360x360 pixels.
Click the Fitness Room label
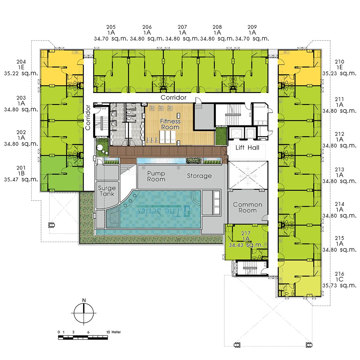pyautogui.click(x=170, y=124)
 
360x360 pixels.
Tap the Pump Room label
pyautogui.click(x=156, y=176)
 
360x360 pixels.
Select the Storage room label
pyautogui.click(x=199, y=176)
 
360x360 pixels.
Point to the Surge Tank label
pyautogui.click(x=107, y=191)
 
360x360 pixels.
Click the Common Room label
pyautogui.click(x=247, y=207)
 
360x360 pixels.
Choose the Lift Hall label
pyautogui.click(x=247, y=148)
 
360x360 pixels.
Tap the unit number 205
pyautogui.click(x=111, y=27)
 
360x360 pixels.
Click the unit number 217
pyautogui.click(x=246, y=233)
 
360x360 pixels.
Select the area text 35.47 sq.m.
pyautogui.click(x=21, y=179)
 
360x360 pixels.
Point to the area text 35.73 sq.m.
pyautogui.click(x=339, y=286)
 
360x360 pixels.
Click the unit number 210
pyautogui.click(x=339, y=62)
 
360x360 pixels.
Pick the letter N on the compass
pyautogui.click(x=84, y=300)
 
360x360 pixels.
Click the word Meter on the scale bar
pyautogui.click(x=116, y=332)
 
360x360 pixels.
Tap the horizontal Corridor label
pyautogui.click(x=173, y=97)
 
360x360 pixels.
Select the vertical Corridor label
pyautogui.click(x=88, y=118)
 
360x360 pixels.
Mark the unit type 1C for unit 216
pyautogui.click(x=339, y=280)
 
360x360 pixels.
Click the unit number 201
pyautogui.click(x=21, y=168)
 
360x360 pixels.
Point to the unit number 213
pyautogui.click(x=339, y=169)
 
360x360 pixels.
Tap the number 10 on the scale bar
pyautogui.click(x=108, y=332)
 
